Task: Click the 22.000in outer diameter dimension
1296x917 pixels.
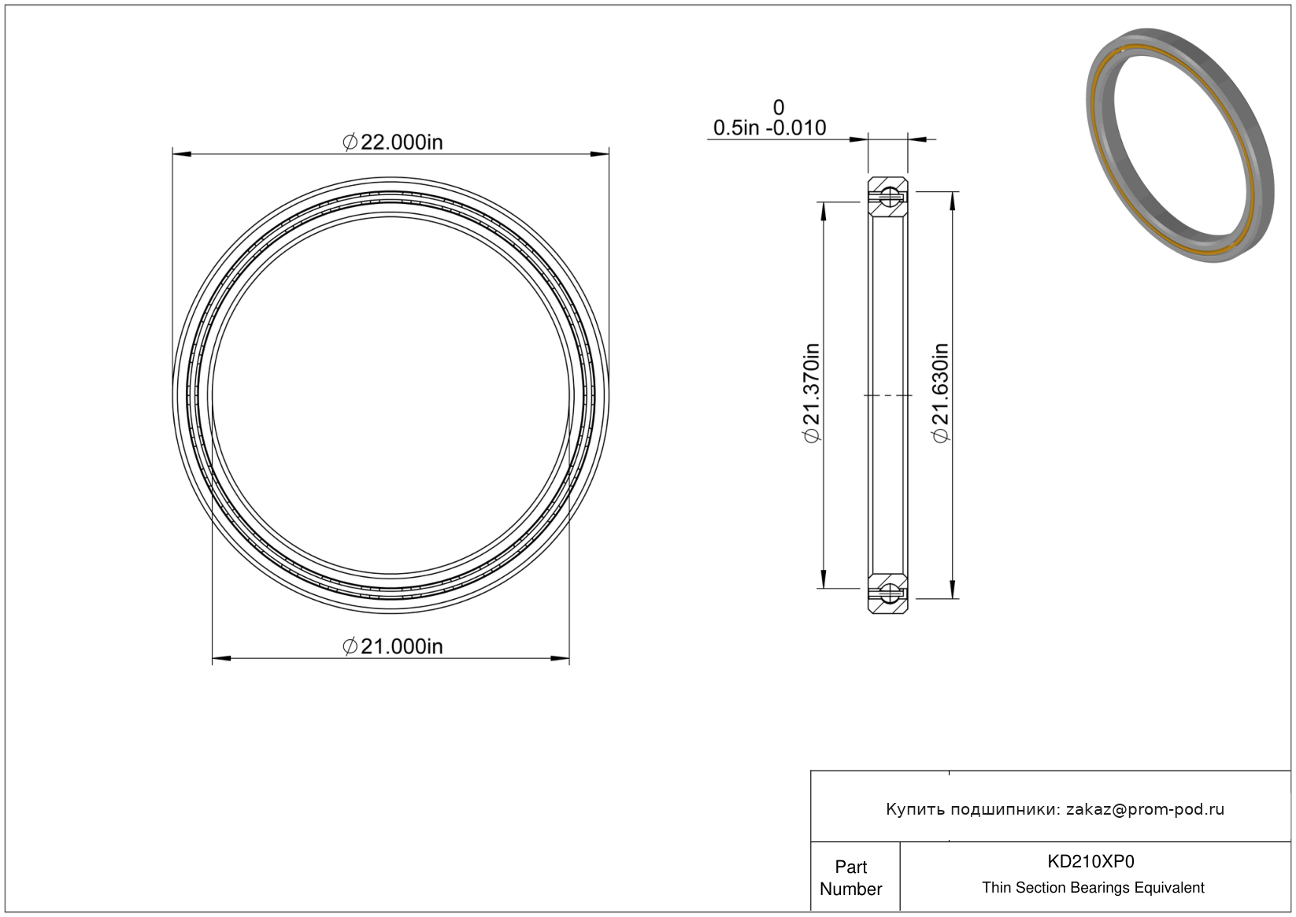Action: pyautogui.click(x=392, y=142)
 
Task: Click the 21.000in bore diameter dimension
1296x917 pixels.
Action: pyautogui.click(x=392, y=646)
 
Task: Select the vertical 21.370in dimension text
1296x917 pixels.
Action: pyautogui.click(x=812, y=394)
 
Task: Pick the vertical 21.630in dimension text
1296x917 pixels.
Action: pyautogui.click(x=941, y=394)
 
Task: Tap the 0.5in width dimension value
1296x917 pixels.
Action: pyautogui.click(x=735, y=128)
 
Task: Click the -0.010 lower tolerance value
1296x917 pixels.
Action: pyautogui.click(x=796, y=128)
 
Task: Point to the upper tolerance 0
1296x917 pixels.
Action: pyautogui.click(x=779, y=108)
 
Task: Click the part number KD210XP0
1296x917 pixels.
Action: pyautogui.click(x=1090, y=861)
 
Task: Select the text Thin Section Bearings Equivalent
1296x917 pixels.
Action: pyautogui.click(x=1093, y=887)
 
